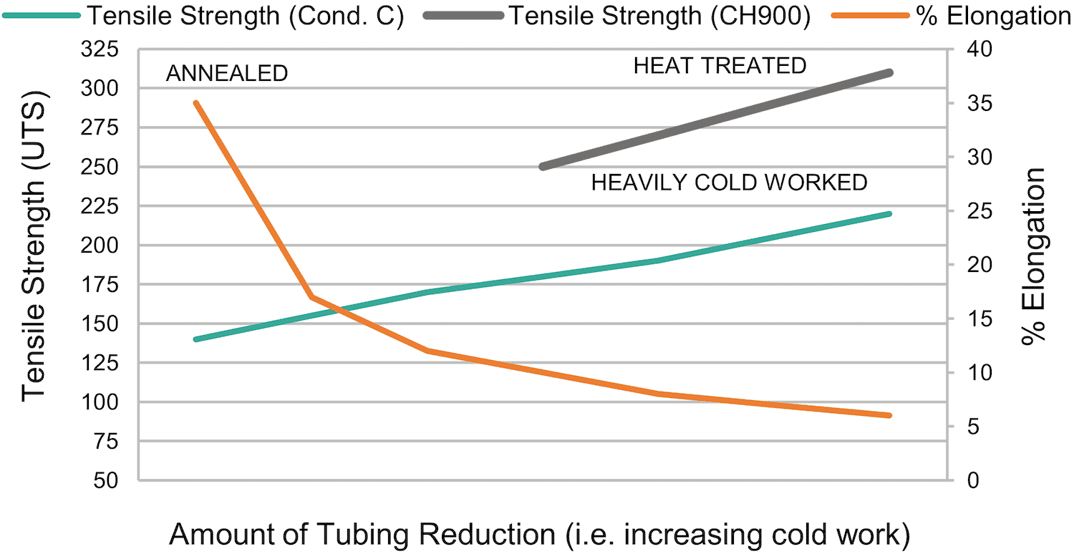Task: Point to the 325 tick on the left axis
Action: [105, 49]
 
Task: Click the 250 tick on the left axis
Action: [105, 167]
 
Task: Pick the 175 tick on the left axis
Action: [105, 284]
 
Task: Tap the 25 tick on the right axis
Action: [974, 211]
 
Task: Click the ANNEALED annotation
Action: [227, 73]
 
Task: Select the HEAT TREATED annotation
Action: [720, 66]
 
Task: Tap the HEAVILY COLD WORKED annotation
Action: [729, 183]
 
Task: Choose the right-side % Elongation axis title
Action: [1034, 256]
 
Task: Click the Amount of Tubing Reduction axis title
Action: [541, 535]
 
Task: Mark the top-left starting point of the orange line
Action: [196, 103]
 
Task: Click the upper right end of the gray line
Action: [889, 72]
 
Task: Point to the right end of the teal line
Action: [889, 214]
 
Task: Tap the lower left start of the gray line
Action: [543, 167]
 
